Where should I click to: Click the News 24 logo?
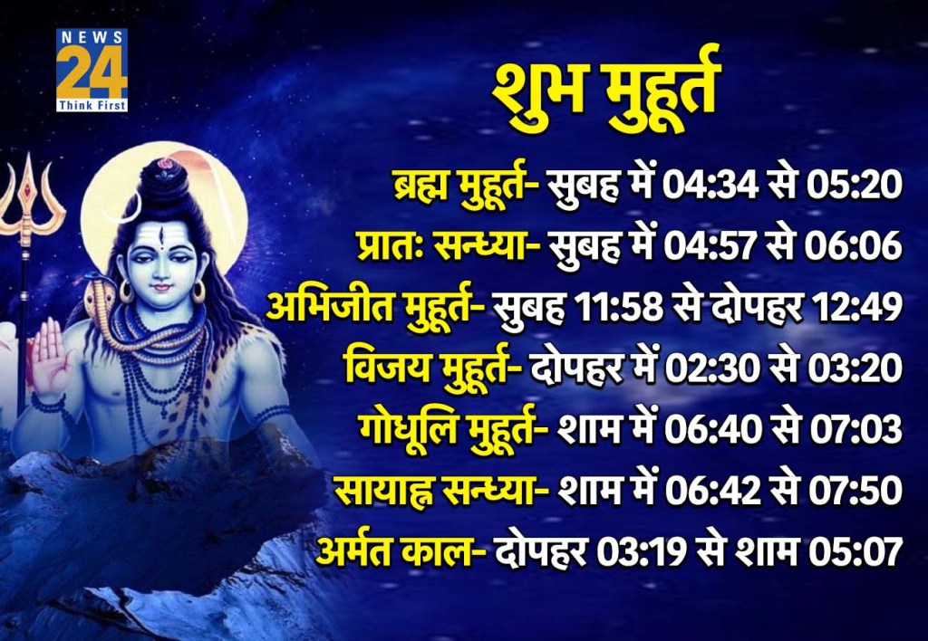(92, 70)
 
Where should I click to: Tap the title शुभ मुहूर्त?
(605, 92)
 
